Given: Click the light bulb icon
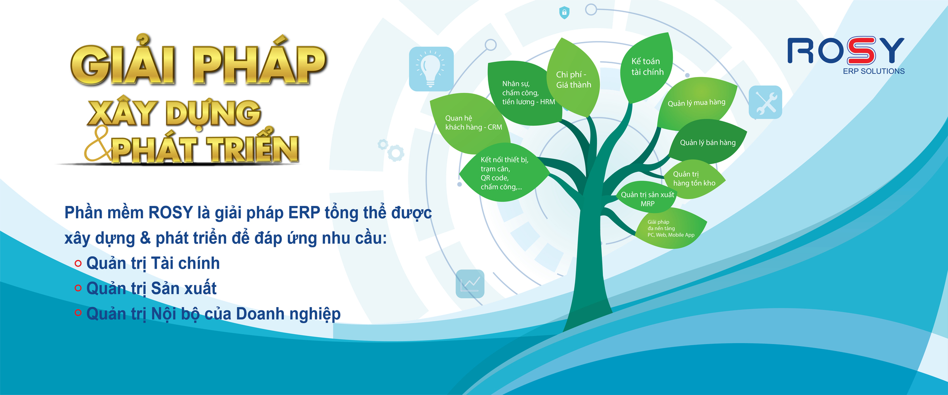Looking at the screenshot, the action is (431, 69).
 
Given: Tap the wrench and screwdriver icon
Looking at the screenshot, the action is (765, 102).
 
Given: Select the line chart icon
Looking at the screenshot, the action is (470, 284).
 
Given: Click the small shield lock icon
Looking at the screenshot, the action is (564, 12).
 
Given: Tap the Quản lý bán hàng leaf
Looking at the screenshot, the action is (707, 142).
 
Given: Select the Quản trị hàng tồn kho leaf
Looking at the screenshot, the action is (694, 179).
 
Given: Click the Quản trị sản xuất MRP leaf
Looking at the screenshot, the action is (647, 198).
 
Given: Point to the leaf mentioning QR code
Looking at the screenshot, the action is (504, 173).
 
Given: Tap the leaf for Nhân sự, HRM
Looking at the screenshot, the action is (526, 93).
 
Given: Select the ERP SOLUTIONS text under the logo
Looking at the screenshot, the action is (874, 71).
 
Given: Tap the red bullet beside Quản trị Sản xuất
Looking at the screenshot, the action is (78, 288).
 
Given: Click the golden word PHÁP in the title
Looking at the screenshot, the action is (260, 63).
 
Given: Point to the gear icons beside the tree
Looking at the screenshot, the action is (391, 150).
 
